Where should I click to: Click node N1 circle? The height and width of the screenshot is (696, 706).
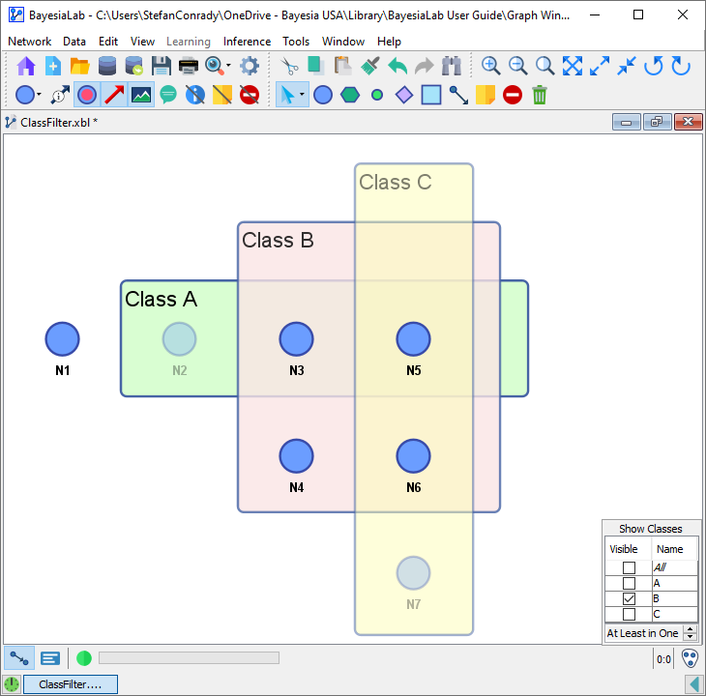pyautogui.click(x=63, y=339)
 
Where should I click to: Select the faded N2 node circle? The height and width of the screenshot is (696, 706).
pyautogui.click(x=179, y=339)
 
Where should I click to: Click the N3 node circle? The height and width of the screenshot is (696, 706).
pyautogui.click(x=296, y=339)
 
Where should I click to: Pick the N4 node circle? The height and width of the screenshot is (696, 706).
pyautogui.click(x=296, y=456)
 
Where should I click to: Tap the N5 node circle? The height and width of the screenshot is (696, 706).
pyautogui.click(x=413, y=339)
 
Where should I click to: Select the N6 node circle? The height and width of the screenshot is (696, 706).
pyautogui.click(x=413, y=456)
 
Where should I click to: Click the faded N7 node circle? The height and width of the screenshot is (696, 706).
pyautogui.click(x=413, y=573)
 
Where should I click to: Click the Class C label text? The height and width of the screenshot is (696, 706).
pyautogui.click(x=395, y=183)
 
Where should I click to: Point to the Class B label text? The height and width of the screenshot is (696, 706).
pyautogui.click(x=278, y=241)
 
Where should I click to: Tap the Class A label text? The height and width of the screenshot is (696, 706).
pyautogui.click(x=161, y=300)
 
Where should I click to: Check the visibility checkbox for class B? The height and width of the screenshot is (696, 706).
pyautogui.click(x=629, y=599)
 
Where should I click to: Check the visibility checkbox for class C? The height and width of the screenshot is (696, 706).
pyautogui.click(x=629, y=615)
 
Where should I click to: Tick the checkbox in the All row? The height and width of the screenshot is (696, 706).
pyautogui.click(x=629, y=568)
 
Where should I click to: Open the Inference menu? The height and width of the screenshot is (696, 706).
pyautogui.click(x=247, y=42)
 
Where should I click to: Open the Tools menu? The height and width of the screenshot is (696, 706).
pyautogui.click(x=296, y=42)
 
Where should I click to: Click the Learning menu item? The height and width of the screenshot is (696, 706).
pyautogui.click(x=188, y=42)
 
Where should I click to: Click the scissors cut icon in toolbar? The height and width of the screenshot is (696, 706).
pyautogui.click(x=288, y=66)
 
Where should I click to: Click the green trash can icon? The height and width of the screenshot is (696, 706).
pyautogui.click(x=540, y=95)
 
